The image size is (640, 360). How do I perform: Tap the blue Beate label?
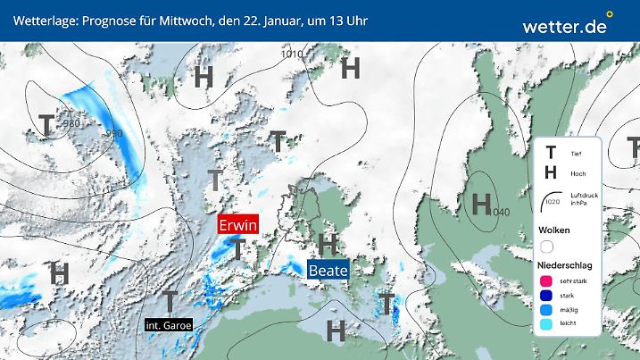(327, 269)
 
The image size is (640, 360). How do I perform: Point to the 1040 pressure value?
(500, 212)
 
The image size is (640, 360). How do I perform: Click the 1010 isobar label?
(292, 54)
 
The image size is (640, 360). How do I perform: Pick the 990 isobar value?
(114, 134)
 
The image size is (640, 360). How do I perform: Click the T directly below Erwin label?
(237, 249)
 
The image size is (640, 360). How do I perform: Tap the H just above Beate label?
(328, 243)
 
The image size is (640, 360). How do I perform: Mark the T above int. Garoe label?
(169, 300)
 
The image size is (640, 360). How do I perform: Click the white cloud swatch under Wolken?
(547, 246)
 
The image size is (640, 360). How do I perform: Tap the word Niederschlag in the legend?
(563, 266)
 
